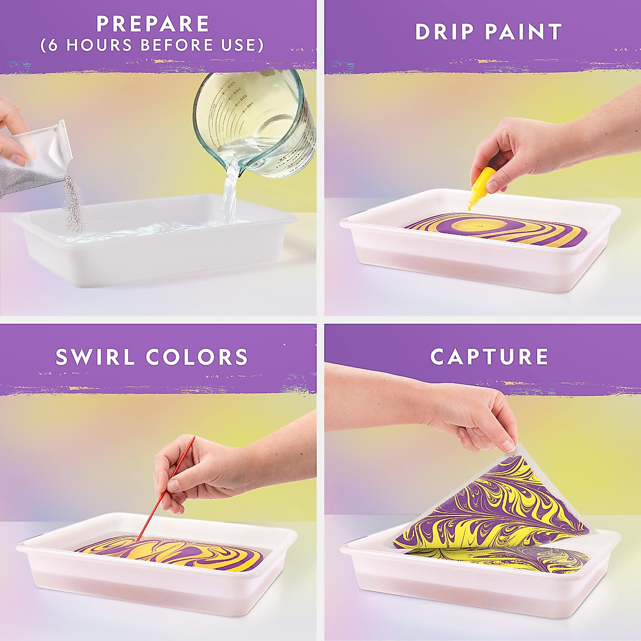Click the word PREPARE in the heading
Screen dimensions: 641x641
(x=153, y=24)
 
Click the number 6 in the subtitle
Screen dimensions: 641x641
(x=52, y=45)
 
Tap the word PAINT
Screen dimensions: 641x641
(x=523, y=32)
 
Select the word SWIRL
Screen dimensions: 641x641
(x=96, y=357)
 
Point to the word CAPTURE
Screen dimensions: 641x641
(x=489, y=357)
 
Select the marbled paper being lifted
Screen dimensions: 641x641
(x=497, y=507)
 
